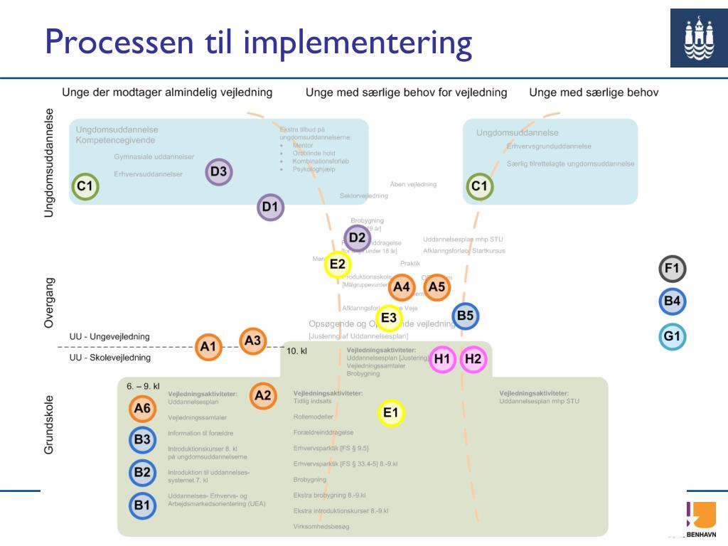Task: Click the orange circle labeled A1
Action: point(208,347)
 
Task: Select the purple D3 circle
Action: point(218,171)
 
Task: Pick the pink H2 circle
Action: point(473,359)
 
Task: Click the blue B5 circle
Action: point(465,316)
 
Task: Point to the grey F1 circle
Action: point(672,269)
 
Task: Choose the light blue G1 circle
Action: point(672,336)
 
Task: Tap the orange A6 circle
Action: point(142,408)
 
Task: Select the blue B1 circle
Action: point(142,505)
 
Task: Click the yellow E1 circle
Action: point(391,412)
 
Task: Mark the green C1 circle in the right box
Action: point(480,187)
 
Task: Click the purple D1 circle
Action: point(270,208)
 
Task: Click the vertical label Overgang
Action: point(49,302)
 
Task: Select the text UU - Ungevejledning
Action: point(109,336)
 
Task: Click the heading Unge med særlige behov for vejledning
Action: point(406,92)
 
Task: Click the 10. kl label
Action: point(296,351)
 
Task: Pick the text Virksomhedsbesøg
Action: point(321,527)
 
